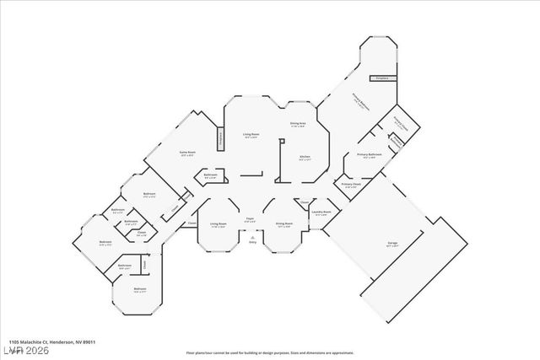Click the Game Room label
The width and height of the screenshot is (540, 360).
(x=186, y=153)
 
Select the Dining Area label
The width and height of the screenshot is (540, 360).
(x=298, y=124)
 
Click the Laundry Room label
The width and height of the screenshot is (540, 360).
(x=321, y=212)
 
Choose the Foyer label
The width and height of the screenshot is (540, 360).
(x=251, y=218)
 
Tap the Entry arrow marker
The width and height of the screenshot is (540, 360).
(x=251, y=241)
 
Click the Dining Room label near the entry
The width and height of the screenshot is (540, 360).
(x=283, y=223)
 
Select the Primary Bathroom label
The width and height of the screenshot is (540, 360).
(x=370, y=155)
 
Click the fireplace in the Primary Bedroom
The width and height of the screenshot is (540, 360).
(x=381, y=77)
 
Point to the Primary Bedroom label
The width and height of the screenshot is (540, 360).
(x=363, y=99)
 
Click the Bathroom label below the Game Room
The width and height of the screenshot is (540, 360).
(x=211, y=175)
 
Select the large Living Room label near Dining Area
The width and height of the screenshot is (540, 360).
(x=251, y=135)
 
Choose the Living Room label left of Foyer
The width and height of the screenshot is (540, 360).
(x=219, y=223)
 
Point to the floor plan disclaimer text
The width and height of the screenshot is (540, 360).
(x=270, y=352)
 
